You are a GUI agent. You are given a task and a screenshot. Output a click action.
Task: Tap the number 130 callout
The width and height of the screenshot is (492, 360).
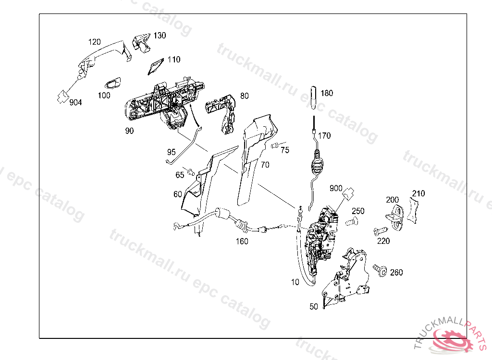[160, 36]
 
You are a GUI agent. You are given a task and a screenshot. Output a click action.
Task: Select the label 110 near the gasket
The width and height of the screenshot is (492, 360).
[174, 60]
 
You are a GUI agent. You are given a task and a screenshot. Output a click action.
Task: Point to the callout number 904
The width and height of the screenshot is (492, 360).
[75, 102]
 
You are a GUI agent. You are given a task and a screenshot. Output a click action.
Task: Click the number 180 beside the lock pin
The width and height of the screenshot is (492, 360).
[327, 93]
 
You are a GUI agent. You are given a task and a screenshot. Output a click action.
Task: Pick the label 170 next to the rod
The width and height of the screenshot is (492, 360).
[324, 136]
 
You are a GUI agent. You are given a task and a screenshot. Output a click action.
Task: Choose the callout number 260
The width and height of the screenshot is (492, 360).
[396, 273]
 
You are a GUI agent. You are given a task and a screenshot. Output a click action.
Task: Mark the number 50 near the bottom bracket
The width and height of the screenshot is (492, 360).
[314, 306]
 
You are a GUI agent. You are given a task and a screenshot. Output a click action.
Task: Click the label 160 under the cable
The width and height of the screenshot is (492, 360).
[242, 241]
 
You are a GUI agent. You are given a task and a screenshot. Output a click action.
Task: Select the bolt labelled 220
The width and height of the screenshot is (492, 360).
[379, 232]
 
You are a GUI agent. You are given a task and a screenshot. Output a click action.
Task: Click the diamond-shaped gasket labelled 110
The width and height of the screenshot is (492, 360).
[155, 67]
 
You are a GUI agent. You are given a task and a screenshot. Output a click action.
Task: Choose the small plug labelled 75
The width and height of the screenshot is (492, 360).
[275, 145]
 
